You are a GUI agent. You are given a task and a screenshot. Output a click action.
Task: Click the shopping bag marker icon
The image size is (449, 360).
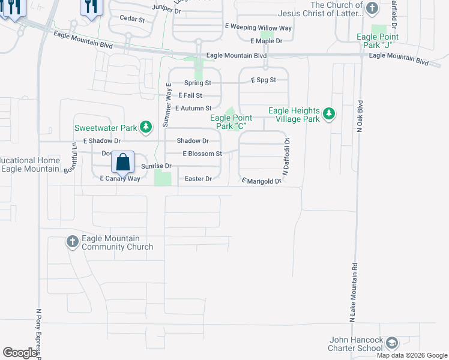pyautogui.click(x=122, y=162)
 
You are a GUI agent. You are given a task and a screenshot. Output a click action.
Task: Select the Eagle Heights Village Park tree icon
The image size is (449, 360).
pyautogui.click(x=328, y=113)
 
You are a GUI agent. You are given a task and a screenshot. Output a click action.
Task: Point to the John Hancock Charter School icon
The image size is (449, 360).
pyautogui.click(x=391, y=343)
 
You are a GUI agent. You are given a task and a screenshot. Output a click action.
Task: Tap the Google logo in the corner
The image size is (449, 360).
pyautogui.click(x=20, y=353)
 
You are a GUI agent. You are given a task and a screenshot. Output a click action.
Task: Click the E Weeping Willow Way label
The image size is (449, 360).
pyautogui.click(x=258, y=28)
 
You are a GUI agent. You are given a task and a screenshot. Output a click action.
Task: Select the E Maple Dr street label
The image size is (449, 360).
pyautogui.click(x=266, y=41)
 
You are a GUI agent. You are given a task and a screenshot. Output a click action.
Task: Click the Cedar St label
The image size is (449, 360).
pyautogui.click(x=133, y=20)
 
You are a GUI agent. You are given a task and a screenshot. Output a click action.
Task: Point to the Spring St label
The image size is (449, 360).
pyautogui.click(x=197, y=83)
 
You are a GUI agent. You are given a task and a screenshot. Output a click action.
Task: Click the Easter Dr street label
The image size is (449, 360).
pyautogui.click(x=199, y=179)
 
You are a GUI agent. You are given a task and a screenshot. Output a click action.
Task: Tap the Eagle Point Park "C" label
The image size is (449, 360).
pyautogui.click(x=231, y=122)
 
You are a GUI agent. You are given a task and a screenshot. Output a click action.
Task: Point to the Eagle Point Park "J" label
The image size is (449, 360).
pyautogui.click(x=378, y=41)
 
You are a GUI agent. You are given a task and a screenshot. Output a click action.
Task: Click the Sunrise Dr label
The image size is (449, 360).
pyautogui.click(x=157, y=166)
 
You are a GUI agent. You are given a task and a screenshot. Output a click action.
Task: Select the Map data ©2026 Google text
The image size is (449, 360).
pyautogui.click(x=412, y=355)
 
